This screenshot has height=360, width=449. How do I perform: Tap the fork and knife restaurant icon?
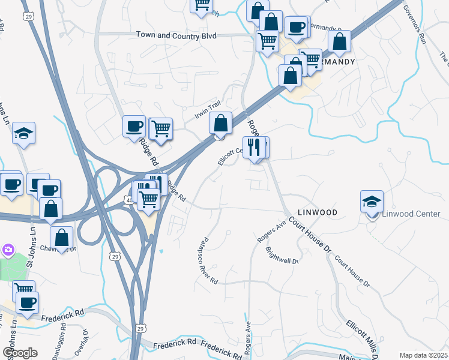253,148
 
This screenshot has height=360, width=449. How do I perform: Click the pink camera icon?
8,249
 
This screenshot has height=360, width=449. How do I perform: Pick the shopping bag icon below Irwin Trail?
221,124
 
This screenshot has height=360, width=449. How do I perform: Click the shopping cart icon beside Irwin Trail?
161,129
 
